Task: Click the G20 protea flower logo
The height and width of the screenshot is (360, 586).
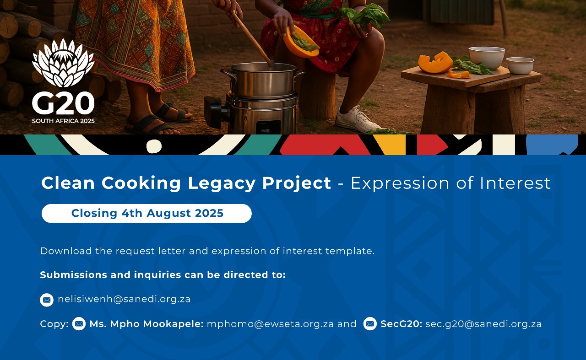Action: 63,63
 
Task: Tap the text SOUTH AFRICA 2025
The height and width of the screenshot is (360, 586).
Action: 63,121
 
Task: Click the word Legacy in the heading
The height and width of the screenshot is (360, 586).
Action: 222,183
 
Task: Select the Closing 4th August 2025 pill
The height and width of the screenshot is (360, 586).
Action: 146,213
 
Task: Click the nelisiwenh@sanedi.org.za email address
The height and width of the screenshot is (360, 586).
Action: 124,299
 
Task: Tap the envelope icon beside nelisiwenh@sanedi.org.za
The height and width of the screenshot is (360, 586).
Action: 47,300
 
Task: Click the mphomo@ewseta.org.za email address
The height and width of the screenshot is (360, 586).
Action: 270,324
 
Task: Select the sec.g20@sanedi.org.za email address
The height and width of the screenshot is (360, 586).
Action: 483,324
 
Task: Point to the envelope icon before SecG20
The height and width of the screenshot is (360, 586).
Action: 370,324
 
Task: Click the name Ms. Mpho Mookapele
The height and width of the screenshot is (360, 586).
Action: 146,324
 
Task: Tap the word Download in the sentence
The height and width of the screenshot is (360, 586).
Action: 66,251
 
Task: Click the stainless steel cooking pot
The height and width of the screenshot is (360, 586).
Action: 262,80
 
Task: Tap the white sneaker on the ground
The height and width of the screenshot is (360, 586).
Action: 358,119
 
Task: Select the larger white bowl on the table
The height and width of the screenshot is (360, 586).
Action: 487,58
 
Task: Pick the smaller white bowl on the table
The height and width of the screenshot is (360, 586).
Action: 520,65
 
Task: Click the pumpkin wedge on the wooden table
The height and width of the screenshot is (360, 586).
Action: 435,63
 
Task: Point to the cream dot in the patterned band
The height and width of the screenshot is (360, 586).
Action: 154,146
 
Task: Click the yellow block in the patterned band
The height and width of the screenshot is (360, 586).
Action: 390,145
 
